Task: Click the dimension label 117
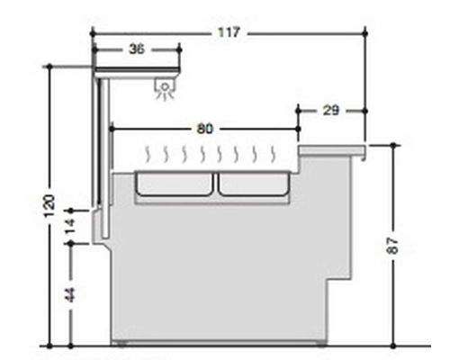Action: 229,32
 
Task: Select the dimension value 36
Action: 137,49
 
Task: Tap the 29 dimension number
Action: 330,111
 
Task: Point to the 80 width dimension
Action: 205,129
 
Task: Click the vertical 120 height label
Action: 49,206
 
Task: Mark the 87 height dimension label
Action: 392,246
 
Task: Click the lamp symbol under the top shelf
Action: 165,89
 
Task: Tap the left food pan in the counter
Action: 174,184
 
